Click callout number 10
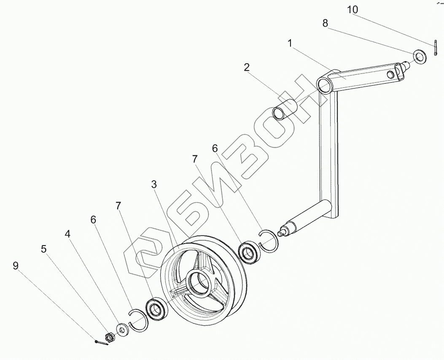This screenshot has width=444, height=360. pos(353,9)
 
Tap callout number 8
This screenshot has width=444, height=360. pos(325,24)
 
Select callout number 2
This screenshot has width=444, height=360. pos(247,67)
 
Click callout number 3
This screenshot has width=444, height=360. pos(154,184)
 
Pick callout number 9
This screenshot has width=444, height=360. pos(16,265)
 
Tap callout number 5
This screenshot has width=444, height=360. pos(44,249)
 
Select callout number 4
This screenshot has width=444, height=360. pos(67,233)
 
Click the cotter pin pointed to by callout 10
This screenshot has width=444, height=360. pos(434,47)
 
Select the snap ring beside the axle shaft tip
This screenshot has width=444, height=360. pos(269,241)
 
